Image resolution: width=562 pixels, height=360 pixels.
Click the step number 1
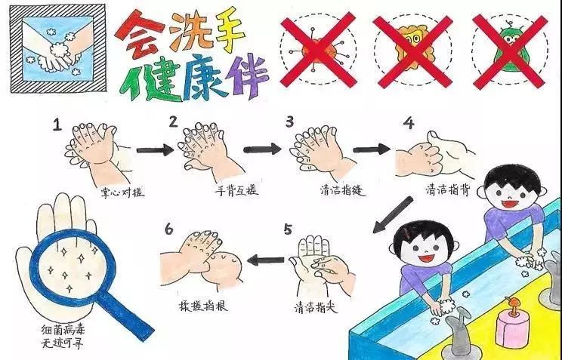tap(57, 125)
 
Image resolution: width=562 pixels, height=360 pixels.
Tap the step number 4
tap(409, 123)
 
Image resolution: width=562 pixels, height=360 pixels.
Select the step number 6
tap(168, 229)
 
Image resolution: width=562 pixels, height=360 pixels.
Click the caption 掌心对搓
tap(122, 192)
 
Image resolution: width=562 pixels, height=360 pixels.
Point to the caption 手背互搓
tap(236, 190)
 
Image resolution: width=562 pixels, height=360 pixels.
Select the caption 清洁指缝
tap(343, 190)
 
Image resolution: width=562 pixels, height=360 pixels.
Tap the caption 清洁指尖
tap(316, 307)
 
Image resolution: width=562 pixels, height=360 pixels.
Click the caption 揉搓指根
tap(203, 305)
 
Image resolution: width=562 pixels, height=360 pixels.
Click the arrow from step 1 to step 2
tap(155, 149)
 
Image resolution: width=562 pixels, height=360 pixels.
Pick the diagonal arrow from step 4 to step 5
tap(393, 214)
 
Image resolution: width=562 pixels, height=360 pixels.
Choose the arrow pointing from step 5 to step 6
tap(266, 260)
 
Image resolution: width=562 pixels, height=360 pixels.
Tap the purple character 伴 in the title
tap(247, 76)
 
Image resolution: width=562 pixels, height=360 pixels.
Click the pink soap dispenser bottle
tap(512, 326)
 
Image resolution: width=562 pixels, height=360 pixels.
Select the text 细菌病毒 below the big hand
tap(63, 330)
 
